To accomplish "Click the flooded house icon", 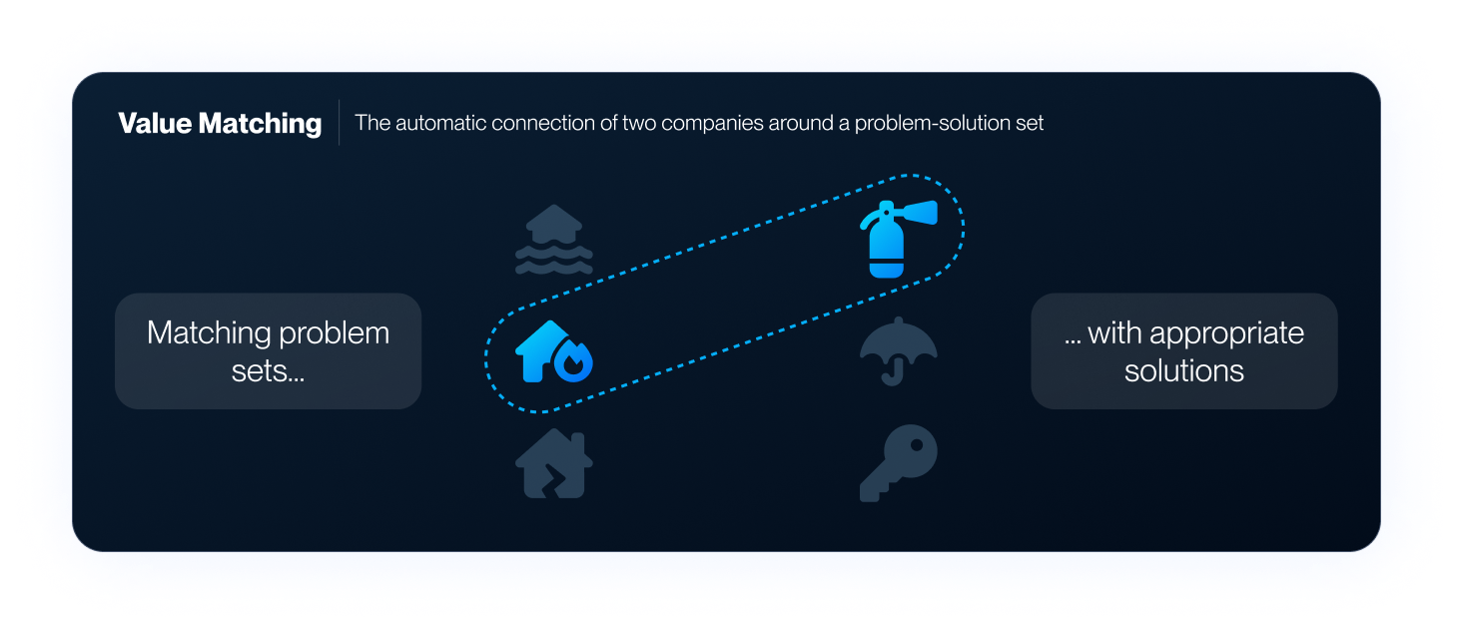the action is click(x=553, y=240).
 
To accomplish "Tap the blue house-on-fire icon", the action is click(x=553, y=351).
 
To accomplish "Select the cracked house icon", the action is click(x=553, y=462).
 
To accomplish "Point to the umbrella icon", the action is click(x=899, y=349).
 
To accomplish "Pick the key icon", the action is click(x=899, y=462).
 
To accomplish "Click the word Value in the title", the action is click(x=155, y=124).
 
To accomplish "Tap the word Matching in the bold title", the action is click(x=260, y=124).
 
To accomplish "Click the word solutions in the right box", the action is click(x=1184, y=371).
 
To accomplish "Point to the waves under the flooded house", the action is click(x=553, y=261).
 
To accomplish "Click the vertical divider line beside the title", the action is click(x=340, y=123).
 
